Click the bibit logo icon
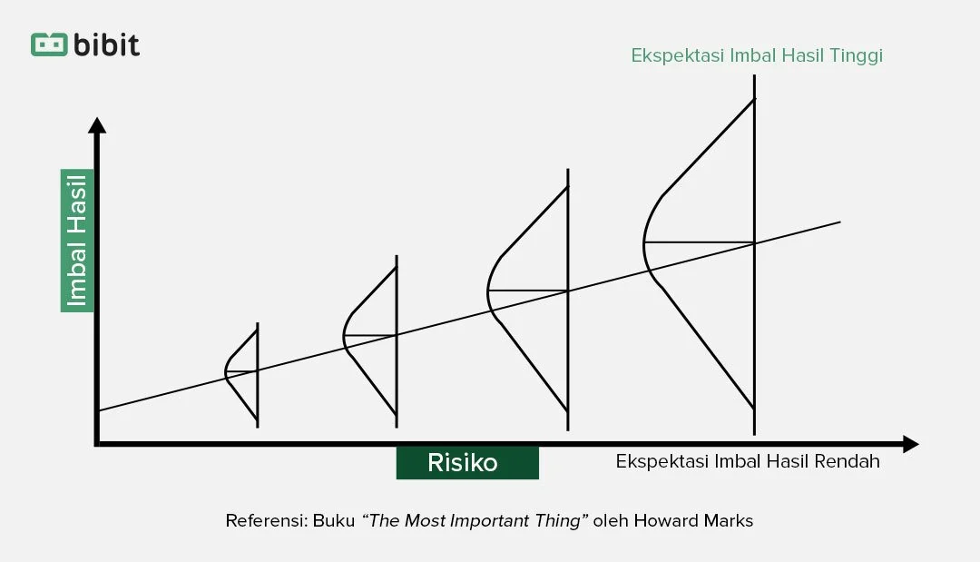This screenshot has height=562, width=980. point(49,44)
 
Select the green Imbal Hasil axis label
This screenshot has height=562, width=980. point(77,240)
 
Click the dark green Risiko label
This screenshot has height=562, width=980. point(466,463)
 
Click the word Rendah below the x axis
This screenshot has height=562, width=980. point(849,461)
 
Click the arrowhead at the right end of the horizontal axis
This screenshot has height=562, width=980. point(910,444)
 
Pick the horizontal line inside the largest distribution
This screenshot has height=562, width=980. point(699,242)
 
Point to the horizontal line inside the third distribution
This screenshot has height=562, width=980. point(527,291)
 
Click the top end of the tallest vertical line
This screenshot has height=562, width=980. point(754,76)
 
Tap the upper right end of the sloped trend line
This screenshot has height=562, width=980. point(838,222)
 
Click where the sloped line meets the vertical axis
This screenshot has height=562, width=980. point(98,410)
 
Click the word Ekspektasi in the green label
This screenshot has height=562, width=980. point(672,55)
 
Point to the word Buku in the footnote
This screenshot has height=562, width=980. point(333,521)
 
